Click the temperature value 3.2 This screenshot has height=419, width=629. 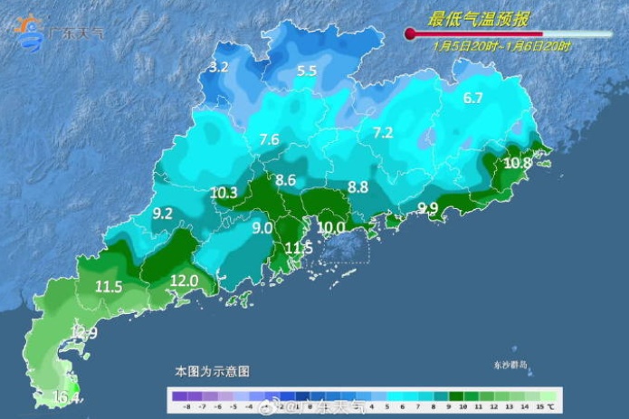click(218, 67)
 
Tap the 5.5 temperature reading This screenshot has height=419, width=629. click(307, 71)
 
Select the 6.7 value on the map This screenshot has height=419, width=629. click(472, 98)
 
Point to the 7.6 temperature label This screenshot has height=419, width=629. click(269, 139)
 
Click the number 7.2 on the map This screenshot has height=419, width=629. click(383, 133)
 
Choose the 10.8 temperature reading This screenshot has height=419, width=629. click(518, 163)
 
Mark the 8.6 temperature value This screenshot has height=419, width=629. click(286, 180)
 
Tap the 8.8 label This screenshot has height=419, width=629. click(357, 187)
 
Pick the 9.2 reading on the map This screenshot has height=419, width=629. click(163, 214)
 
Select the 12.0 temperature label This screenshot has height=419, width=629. click(185, 281)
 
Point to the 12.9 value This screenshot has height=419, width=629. click(84, 334)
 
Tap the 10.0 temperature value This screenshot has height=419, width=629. click(330, 227)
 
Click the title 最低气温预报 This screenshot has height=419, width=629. click(479, 18)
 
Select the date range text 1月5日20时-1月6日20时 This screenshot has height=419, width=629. click(501, 44)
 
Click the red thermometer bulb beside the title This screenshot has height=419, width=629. click(410, 34)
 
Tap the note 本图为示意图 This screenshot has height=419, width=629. click(212, 371)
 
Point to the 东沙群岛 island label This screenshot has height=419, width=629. click(510, 365)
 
